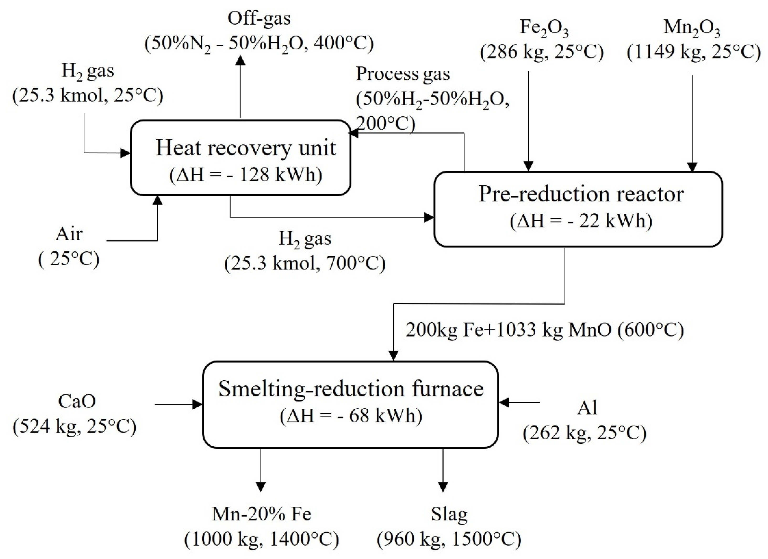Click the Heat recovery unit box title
(246, 148)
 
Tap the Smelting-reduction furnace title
(351, 389)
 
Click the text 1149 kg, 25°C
(694, 53)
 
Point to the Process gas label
(403, 74)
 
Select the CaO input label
(77, 401)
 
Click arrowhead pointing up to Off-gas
(240, 60)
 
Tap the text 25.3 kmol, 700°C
(305, 263)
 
